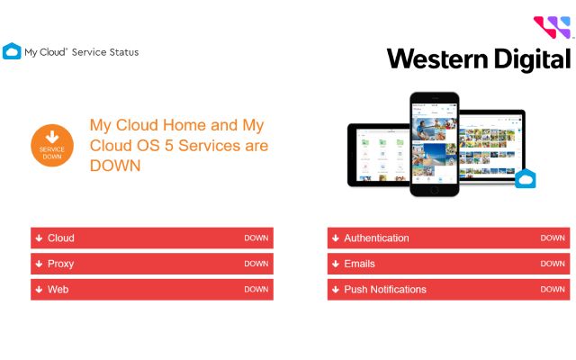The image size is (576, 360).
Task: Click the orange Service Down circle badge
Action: (52, 146)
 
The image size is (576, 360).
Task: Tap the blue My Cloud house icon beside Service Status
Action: (12, 51)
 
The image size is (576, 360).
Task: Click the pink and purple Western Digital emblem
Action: (552, 27)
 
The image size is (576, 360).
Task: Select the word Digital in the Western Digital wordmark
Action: (532, 59)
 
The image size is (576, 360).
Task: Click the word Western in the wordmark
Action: (437, 58)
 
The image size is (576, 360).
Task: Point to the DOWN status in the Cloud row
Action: (256, 238)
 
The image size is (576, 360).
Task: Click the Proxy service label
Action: (60, 264)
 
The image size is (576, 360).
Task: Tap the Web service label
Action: (58, 290)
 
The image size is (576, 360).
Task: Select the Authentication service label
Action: (376, 238)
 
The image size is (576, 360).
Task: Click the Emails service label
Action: (359, 264)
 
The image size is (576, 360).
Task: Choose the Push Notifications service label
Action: (385, 290)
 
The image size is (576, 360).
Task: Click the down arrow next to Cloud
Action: (39, 238)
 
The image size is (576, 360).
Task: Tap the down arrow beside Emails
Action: (336, 264)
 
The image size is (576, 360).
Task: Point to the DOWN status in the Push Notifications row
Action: (553, 290)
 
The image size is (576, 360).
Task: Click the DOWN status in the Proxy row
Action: (256, 264)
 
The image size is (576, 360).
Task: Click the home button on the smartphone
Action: (434, 190)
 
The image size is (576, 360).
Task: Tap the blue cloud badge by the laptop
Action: (526, 178)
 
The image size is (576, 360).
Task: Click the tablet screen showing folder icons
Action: (382, 155)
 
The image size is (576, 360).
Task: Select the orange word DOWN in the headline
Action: (115, 166)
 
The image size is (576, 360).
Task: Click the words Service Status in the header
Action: (105, 52)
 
